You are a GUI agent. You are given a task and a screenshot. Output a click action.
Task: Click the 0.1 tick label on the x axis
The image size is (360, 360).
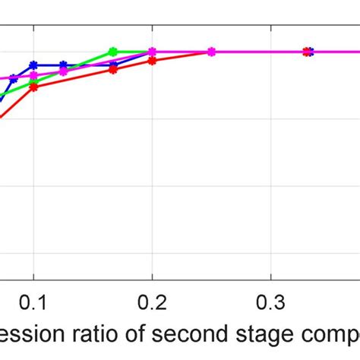point(33,301)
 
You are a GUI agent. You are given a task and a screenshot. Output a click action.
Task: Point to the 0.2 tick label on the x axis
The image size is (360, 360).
point(152,301)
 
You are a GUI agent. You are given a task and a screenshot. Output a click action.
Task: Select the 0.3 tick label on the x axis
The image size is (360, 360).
point(271,301)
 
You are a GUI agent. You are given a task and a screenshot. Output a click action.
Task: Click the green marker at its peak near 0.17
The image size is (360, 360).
point(112,52)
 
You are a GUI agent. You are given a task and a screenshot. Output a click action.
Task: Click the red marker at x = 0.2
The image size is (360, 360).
point(152,60)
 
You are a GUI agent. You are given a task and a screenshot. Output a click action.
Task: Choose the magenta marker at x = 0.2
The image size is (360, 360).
point(152,52)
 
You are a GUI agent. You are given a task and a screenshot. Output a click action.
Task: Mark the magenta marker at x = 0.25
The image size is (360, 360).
point(211,52)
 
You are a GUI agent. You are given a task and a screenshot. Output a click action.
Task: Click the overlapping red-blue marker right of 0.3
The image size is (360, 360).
point(308,52)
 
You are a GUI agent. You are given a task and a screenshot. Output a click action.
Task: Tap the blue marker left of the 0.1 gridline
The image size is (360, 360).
point(14,79)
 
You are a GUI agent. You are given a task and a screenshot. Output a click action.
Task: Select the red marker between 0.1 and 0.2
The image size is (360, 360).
point(112,69)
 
